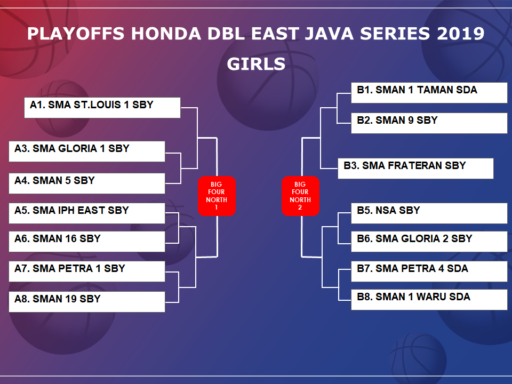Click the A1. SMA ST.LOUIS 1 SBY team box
click(x=102, y=107)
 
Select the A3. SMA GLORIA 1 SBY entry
click(x=87, y=151)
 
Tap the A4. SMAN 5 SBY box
click(x=87, y=183)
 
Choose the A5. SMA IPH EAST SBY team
click(x=87, y=213)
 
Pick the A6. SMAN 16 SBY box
click(x=87, y=241)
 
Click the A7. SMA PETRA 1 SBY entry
click(x=87, y=271)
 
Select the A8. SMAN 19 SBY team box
click(x=87, y=302)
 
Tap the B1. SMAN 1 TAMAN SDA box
click(x=429, y=93)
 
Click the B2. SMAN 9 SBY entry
click(x=429, y=123)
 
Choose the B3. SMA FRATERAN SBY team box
click(x=415, y=169)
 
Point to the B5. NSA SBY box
click(x=429, y=213)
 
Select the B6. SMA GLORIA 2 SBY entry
click(x=429, y=241)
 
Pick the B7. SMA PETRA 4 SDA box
click(x=429, y=271)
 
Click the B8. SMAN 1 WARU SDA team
click(x=429, y=299)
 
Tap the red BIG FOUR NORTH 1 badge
click(x=217, y=196)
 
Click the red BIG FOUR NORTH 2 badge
click(x=300, y=196)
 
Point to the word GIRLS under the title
click(x=256, y=64)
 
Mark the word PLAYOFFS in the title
click(x=76, y=34)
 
